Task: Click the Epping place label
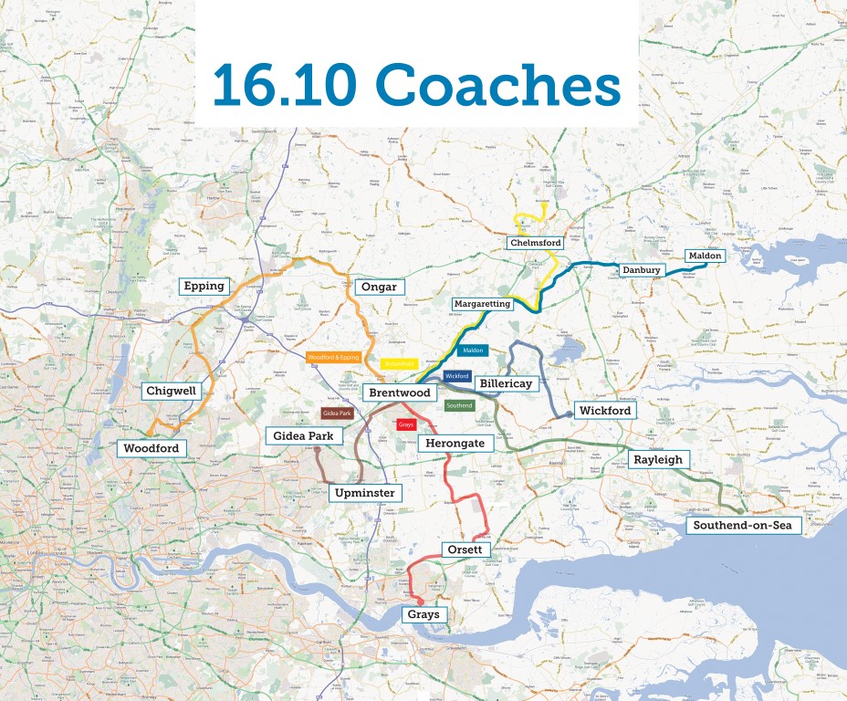(204, 286)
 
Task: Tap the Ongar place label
(379, 287)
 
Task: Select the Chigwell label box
(172, 392)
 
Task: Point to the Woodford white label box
(152, 448)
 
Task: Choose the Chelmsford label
(535, 243)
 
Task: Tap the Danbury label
(641, 270)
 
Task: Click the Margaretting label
(482, 303)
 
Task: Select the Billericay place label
(505, 383)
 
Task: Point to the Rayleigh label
(658, 460)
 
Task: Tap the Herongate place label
(455, 443)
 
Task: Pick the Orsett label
(467, 550)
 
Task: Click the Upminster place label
(365, 493)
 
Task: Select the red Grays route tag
(406, 425)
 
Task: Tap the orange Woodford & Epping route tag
(332, 357)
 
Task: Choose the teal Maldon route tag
(473, 350)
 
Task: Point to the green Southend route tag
(459, 405)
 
